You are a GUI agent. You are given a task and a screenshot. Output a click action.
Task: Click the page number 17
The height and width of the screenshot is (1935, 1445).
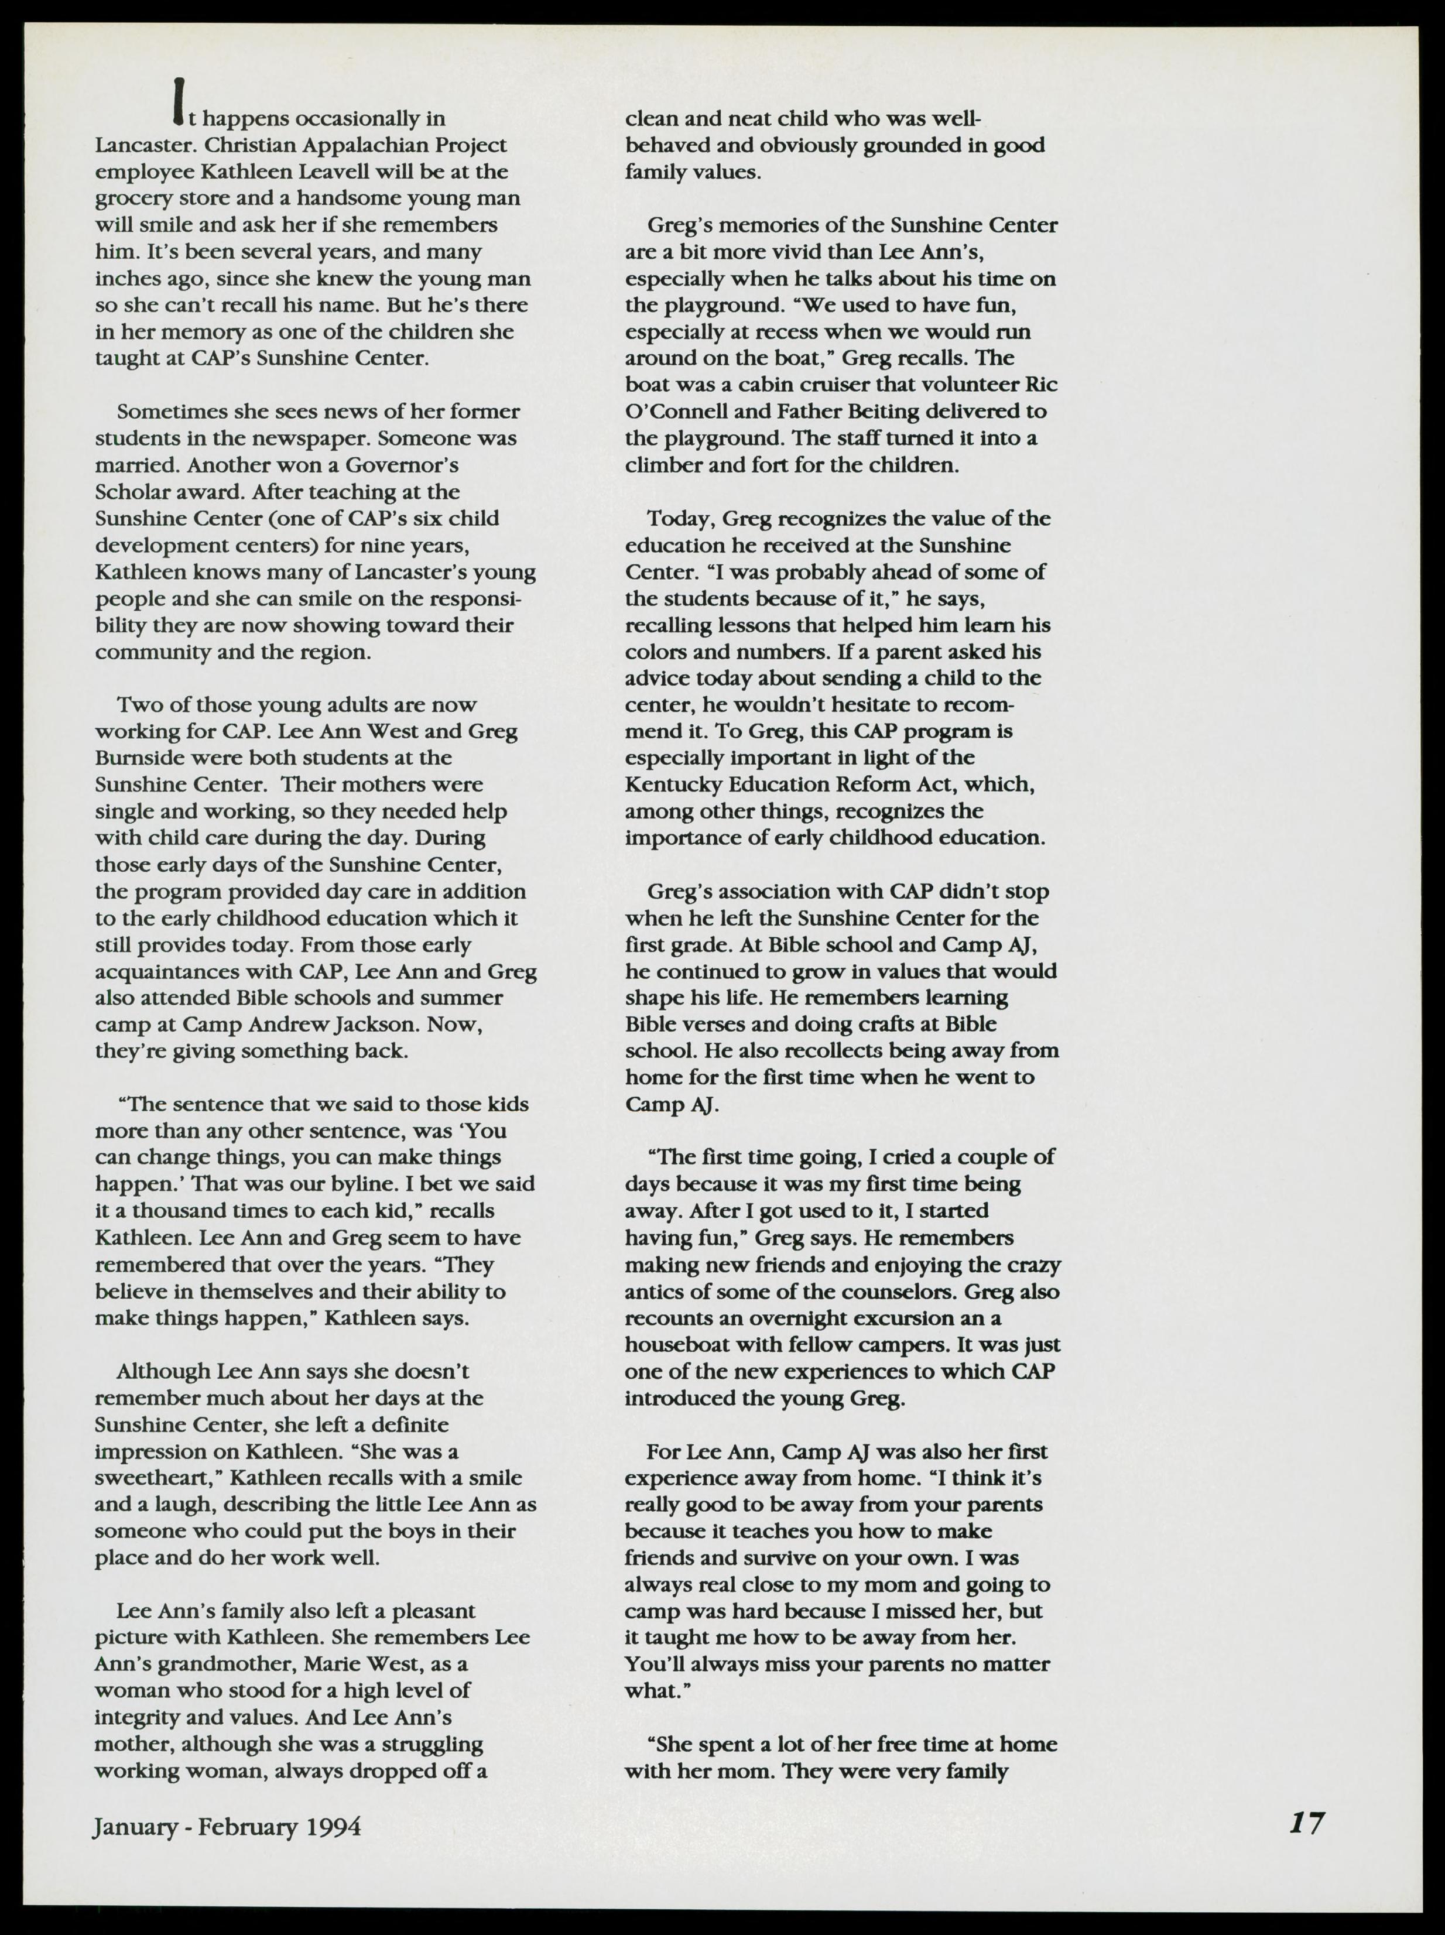1307,1823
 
